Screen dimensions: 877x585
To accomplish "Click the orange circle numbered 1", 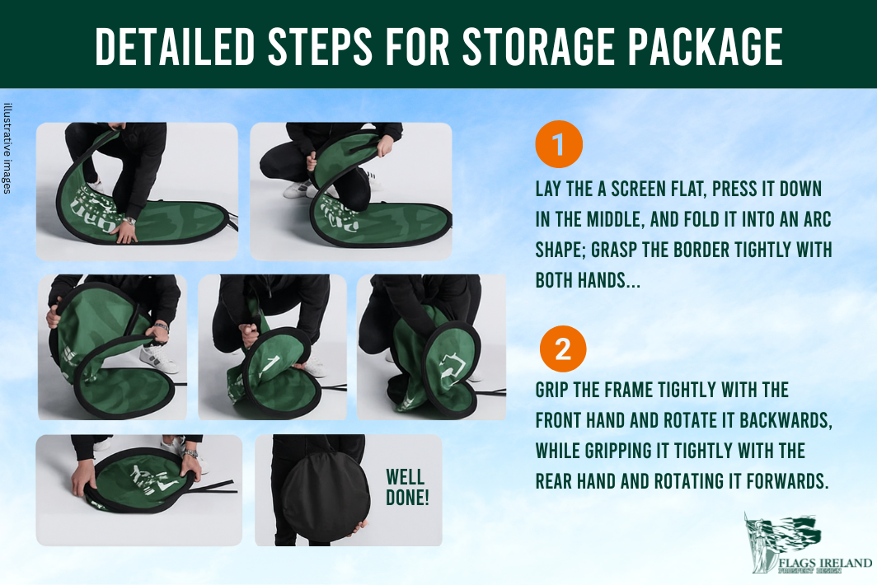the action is [x=559, y=143].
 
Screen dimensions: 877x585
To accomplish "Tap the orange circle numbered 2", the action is [x=563, y=349].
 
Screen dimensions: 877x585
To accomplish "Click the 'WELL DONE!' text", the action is [x=407, y=487].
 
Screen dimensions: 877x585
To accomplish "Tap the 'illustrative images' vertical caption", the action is [x=7, y=149].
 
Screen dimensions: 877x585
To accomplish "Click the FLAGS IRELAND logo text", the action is [x=825, y=563].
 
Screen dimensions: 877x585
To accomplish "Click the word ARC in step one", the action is [x=817, y=219].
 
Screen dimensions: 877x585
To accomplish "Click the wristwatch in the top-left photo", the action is [x=129, y=221].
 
